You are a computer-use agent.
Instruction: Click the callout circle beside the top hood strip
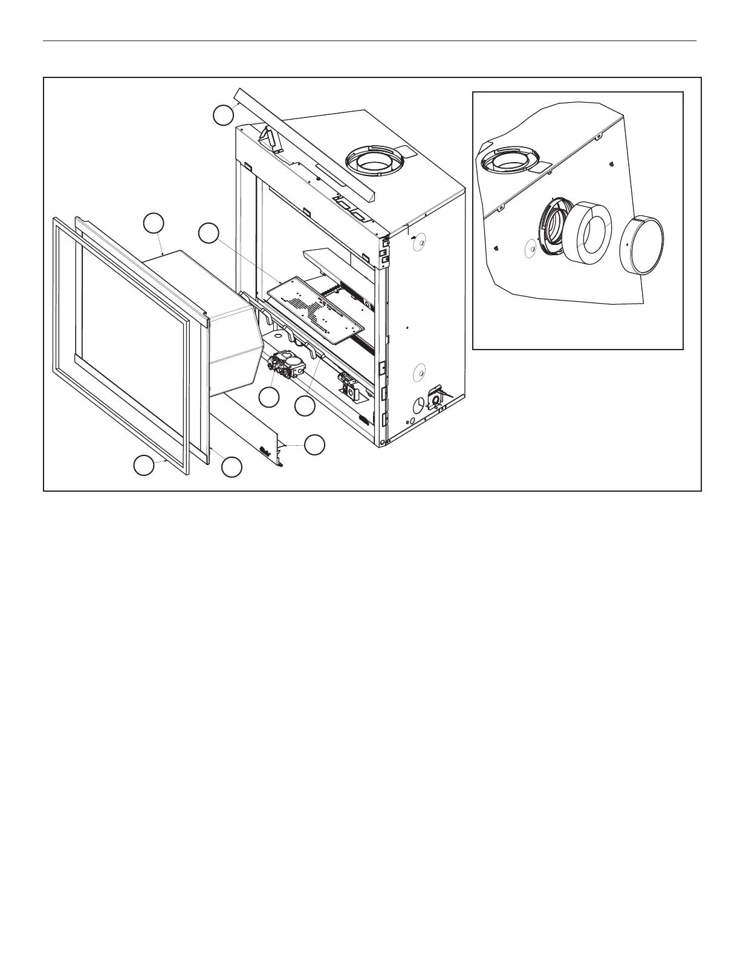224,115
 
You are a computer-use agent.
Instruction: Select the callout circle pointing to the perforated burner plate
209,233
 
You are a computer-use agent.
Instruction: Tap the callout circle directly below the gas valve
269,397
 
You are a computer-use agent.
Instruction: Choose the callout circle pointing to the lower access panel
314,445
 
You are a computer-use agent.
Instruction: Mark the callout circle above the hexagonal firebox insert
154,223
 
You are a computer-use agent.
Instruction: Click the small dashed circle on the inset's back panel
530,249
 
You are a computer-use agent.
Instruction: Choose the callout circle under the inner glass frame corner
232,466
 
